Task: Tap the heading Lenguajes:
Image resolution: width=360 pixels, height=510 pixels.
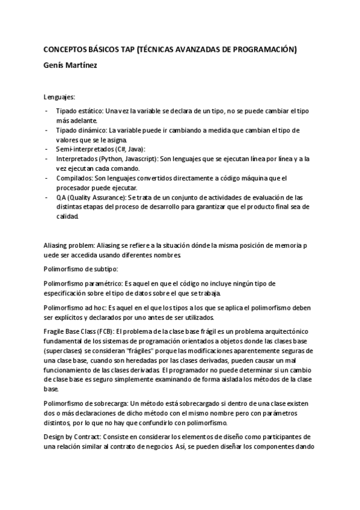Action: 59,96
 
